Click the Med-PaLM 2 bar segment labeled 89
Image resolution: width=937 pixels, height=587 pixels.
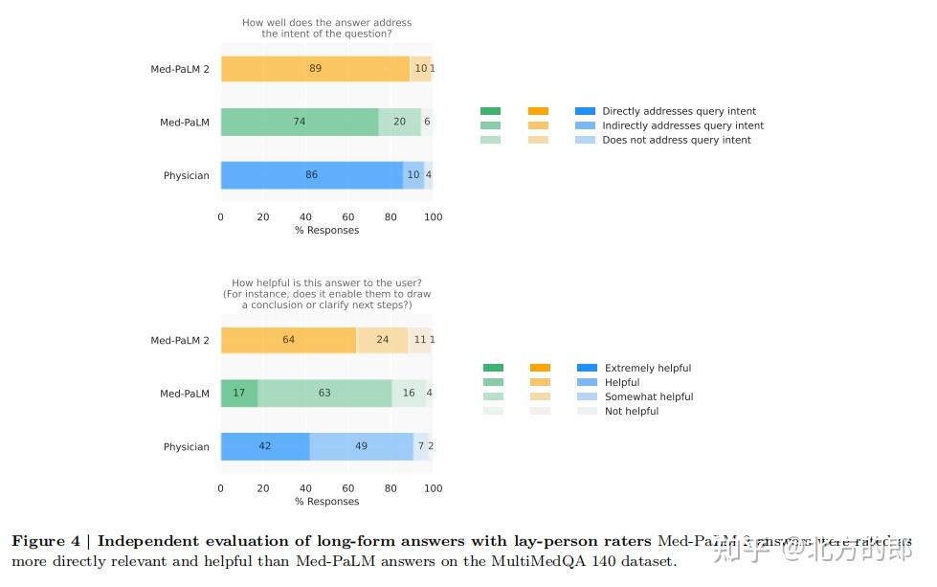(315, 69)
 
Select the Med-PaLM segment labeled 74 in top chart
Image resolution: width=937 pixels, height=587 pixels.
(300, 123)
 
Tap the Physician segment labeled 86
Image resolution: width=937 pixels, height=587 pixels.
(312, 175)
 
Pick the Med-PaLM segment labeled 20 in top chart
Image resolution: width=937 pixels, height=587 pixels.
(399, 123)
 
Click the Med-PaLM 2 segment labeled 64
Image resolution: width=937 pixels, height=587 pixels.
(288, 340)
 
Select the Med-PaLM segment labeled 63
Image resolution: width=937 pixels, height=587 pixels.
(324, 394)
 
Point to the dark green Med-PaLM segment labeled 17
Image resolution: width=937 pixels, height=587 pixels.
(238, 394)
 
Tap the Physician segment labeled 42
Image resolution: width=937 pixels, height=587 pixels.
(265, 446)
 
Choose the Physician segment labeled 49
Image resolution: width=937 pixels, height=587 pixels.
(361, 446)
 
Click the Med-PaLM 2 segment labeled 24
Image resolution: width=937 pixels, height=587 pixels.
(382, 340)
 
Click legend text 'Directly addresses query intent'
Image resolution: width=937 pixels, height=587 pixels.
(679, 112)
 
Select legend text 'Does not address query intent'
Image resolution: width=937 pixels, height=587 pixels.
(676, 140)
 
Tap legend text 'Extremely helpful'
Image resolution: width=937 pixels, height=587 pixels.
(647, 369)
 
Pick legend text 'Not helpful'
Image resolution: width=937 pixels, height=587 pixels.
(632, 412)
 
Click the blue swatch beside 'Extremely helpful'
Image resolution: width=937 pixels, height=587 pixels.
(587, 368)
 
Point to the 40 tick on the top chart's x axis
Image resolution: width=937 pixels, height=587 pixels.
(305, 217)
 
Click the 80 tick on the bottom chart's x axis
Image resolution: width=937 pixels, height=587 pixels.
(390, 488)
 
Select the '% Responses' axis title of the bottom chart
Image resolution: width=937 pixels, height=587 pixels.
(326, 502)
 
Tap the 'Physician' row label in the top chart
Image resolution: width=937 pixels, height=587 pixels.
(186, 176)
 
